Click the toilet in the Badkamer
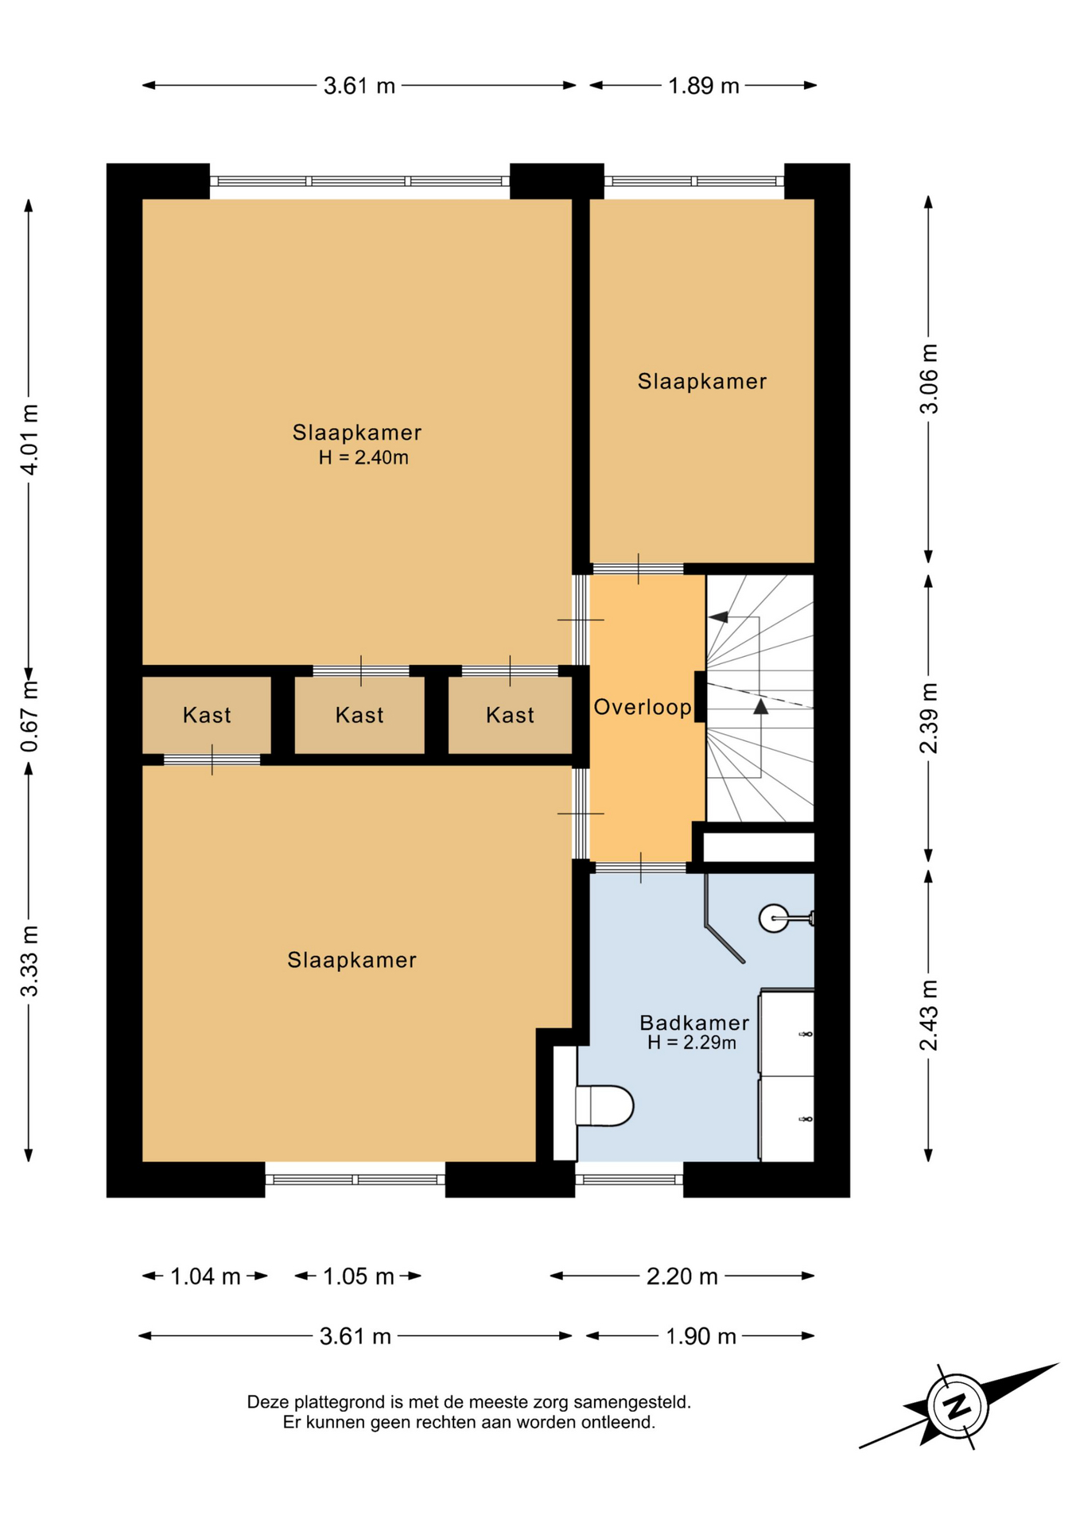[x=604, y=1105]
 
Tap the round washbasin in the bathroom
[x=774, y=918]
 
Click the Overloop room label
[x=643, y=706]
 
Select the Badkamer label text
[x=694, y=1023]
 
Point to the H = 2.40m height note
[x=363, y=457]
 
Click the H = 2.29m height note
[x=692, y=1042]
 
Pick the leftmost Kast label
[x=207, y=715]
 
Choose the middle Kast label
[x=359, y=715]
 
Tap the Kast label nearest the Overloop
[x=510, y=715]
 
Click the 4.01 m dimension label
[x=29, y=439]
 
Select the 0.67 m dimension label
[x=29, y=717]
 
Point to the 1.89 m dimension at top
[x=704, y=86]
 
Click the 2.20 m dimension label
[x=682, y=1276]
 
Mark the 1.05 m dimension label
[x=359, y=1276]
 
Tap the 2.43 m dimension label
[x=929, y=1015]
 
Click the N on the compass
[x=958, y=1405]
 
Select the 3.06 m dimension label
[x=929, y=379]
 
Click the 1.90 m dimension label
[x=701, y=1336]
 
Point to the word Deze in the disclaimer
[x=266, y=1402]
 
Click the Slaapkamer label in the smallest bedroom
[x=702, y=382]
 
